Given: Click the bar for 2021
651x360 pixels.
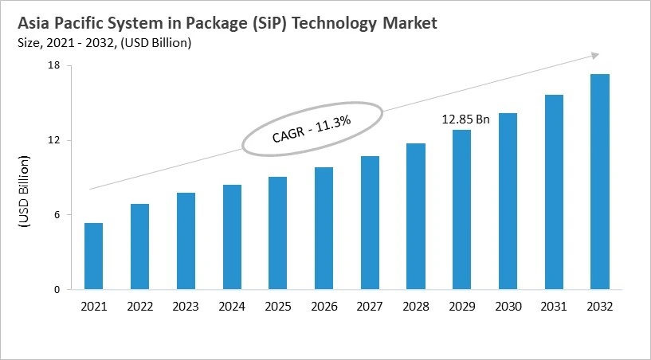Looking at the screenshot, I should click(93, 256).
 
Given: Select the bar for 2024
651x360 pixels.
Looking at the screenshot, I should click(232, 237).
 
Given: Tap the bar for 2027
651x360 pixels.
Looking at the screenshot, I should click(370, 223).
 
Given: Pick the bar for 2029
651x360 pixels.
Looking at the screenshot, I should click(461, 209).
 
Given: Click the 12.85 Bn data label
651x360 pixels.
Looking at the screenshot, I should click(466, 119).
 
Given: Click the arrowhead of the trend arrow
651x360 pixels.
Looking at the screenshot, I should click(593, 55).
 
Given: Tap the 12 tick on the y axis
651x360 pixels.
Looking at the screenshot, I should click(54, 140).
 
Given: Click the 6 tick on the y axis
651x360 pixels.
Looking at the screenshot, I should click(57, 215).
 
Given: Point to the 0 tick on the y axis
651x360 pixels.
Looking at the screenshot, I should click(57, 290).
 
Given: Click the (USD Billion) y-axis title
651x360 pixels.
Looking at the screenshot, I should click(23, 192).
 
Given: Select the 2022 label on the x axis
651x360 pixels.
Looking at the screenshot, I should click(139, 307).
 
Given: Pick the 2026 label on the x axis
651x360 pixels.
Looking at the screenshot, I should click(324, 307).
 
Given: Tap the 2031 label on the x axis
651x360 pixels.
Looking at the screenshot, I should click(554, 307).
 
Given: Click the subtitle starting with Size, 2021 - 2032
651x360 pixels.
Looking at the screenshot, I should click(100, 42).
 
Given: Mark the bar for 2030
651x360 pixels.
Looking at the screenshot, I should click(508, 202).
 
